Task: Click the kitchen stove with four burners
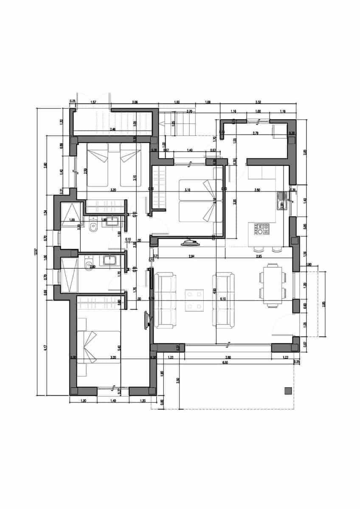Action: tap(262, 229)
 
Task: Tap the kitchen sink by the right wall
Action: tap(281, 201)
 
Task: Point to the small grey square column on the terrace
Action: tap(288, 391)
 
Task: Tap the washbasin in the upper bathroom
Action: tap(113, 221)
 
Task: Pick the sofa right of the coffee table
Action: tap(224, 300)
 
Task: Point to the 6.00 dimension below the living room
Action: tap(225, 362)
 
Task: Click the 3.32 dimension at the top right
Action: tap(258, 103)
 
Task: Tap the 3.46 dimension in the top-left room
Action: tap(112, 129)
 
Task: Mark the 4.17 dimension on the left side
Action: tap(45, 347)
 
